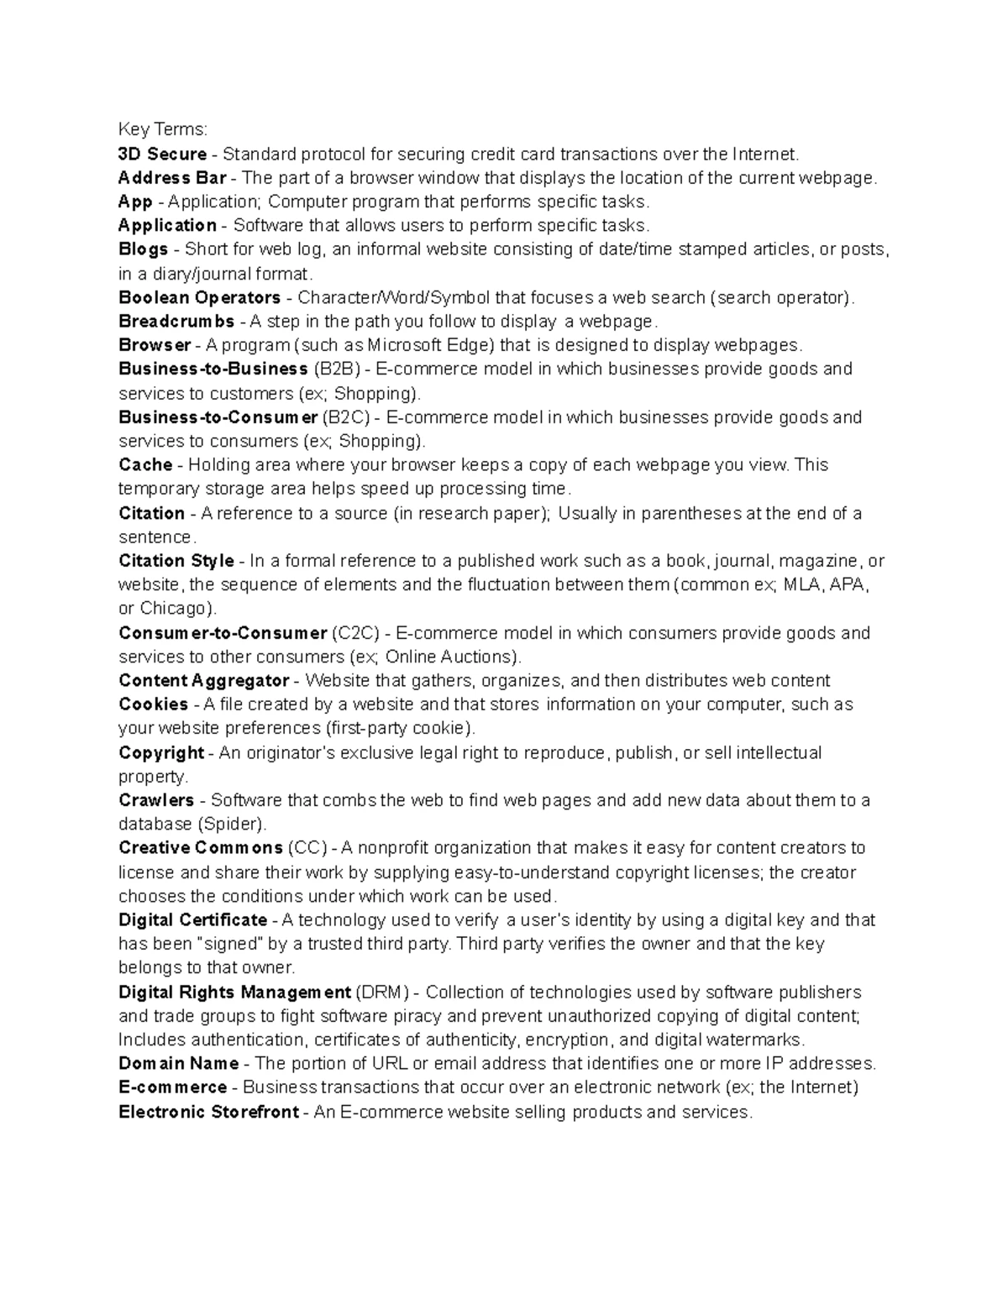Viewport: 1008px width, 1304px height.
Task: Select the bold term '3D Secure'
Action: [162, 154]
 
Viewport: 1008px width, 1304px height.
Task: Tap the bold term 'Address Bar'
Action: [172, 178]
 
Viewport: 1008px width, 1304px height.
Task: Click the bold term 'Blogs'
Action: [143, 249]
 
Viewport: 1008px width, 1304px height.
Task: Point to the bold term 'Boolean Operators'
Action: [199, 297]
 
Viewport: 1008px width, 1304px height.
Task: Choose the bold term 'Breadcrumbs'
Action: [176, 322]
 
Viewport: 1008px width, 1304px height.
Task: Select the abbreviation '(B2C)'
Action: [347, 417]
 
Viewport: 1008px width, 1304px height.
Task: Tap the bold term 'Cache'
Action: [145, 464]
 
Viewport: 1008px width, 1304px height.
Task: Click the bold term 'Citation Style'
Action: [176, 561]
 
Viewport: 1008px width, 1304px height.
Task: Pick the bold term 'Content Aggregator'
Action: [203, 681]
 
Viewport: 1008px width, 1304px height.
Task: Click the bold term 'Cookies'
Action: [153, 704]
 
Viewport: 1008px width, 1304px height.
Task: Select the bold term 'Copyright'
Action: [161, 752]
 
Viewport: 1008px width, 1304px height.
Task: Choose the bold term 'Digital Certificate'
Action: [192, 920]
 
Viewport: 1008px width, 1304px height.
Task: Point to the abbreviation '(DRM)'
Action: [382, 992]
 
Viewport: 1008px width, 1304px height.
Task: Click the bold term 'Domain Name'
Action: [178, 1064]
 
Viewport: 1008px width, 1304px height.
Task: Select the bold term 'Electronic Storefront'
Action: [208, 1113]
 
